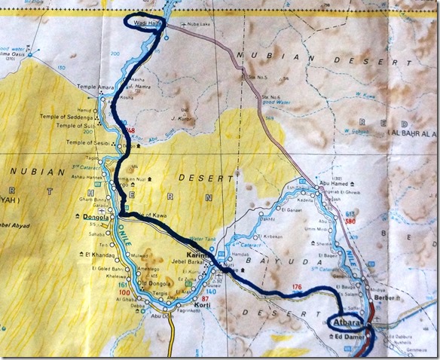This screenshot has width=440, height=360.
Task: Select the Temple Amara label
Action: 95,88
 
